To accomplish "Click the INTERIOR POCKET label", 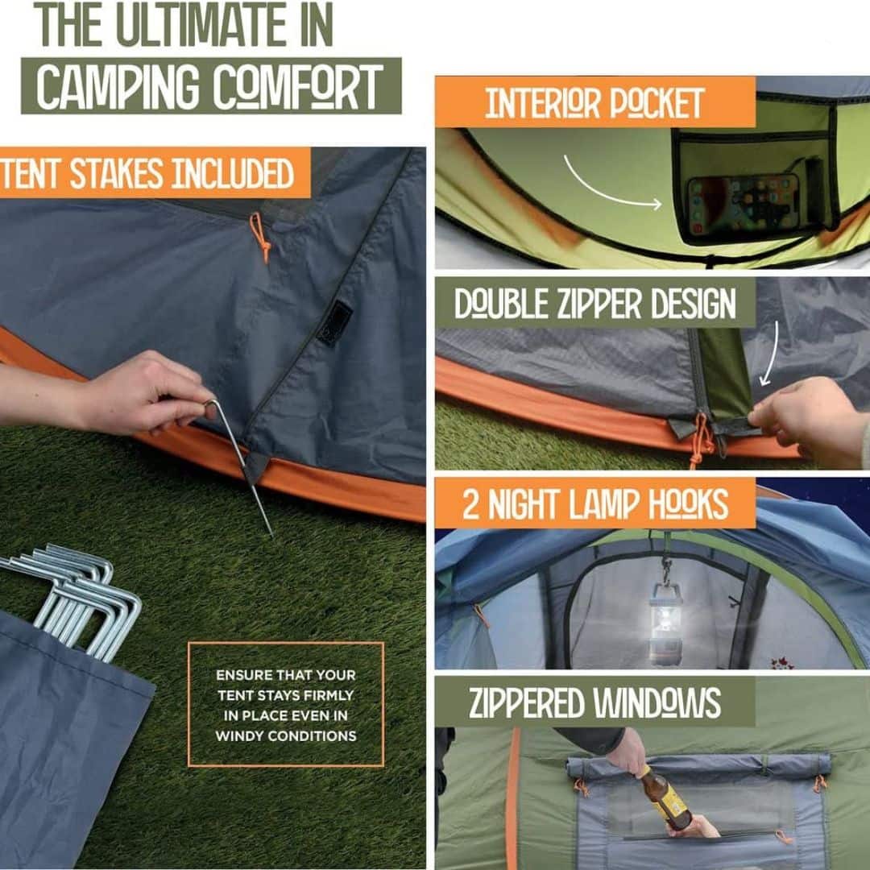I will click(x=594, y=103).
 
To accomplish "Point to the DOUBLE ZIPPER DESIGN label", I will click(x=594, y=304).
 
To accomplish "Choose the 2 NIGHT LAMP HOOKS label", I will click(x=594, y=503).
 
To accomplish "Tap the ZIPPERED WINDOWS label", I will click(x=594, y=702).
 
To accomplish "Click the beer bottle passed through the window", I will click(x=665, y=797).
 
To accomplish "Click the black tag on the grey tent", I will click(x=333, y=323).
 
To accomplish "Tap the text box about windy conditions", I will click(x=285, y=705).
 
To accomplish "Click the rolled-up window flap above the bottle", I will click(x=697, y=765).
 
